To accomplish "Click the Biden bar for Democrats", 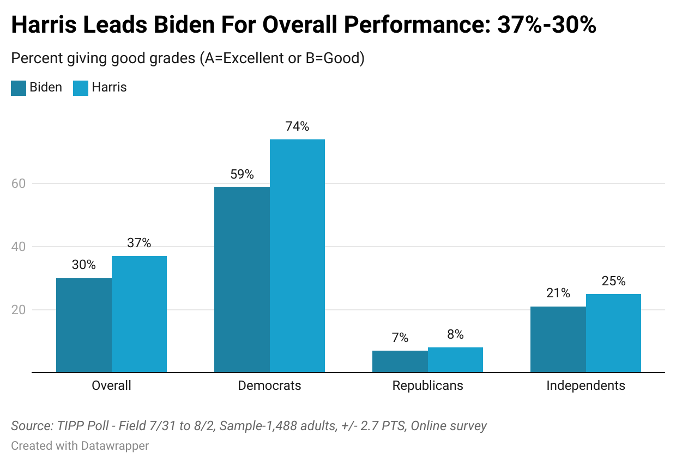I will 242,279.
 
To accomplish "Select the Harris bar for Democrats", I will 297,256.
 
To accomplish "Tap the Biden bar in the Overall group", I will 84,325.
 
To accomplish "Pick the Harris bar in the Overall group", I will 139,314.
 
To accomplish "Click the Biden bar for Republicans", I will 400,362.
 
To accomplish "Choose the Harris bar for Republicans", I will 455,360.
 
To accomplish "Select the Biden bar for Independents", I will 558,339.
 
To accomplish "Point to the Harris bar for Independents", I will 613,333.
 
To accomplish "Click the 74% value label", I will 297,126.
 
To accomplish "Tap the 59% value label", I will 242,174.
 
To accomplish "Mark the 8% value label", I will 455,334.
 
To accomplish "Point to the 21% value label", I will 558,293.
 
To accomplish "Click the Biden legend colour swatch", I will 19,88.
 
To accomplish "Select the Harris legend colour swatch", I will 81,88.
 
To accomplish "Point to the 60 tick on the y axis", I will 19,183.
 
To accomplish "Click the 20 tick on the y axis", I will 19,310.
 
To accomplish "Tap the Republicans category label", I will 427,386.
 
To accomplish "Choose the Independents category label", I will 586,386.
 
